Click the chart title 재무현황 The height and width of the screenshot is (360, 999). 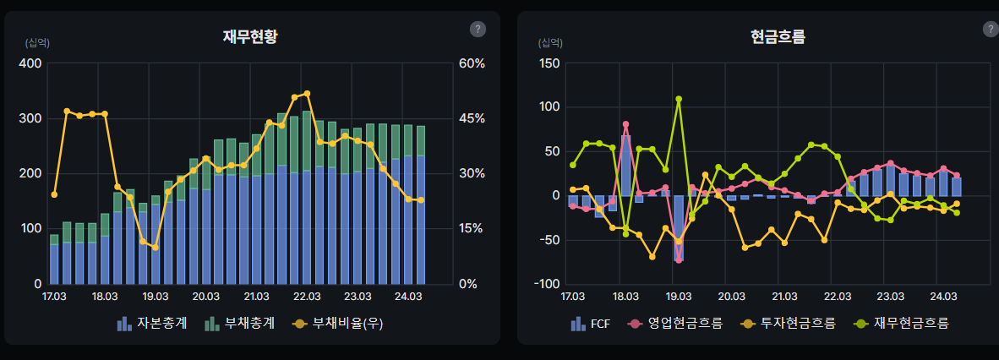coord(250,37)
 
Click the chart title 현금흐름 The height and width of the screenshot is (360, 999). coord(778,37)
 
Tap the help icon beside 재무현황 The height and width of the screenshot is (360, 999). coord(478,30)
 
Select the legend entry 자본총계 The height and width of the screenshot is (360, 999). coord(152,324)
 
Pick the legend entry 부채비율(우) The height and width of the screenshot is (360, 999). coord(332,324)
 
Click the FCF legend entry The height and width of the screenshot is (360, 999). coord(591,324)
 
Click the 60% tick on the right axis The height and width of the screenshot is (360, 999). coord(472,63)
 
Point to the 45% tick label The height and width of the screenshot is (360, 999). coord(472,118)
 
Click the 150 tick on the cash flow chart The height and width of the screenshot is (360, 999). coord(549,63)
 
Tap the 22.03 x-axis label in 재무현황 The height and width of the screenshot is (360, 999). coord(307,297)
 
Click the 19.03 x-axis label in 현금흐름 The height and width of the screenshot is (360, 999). coord(679,297)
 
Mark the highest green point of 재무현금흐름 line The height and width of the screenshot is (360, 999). coord(679,99)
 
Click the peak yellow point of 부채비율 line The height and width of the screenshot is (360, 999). coord(307,94)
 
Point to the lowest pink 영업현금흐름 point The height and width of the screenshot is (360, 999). coord(679,260)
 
